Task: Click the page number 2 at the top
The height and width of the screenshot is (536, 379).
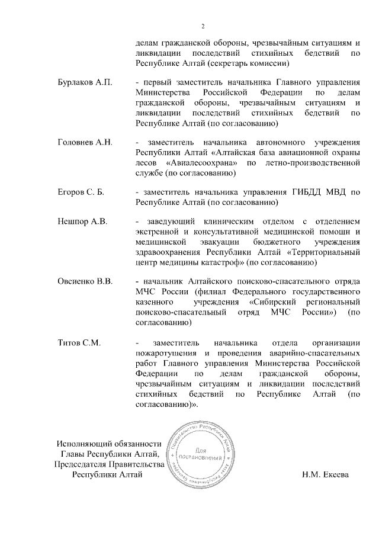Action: coord(203,26)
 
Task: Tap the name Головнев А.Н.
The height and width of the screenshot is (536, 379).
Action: coord(85,143)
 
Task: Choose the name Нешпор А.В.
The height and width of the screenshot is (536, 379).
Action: coord(82,222)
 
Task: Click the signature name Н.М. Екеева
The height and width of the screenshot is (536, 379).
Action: coord(325,474)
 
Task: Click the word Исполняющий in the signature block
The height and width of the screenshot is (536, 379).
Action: coord(83,444)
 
